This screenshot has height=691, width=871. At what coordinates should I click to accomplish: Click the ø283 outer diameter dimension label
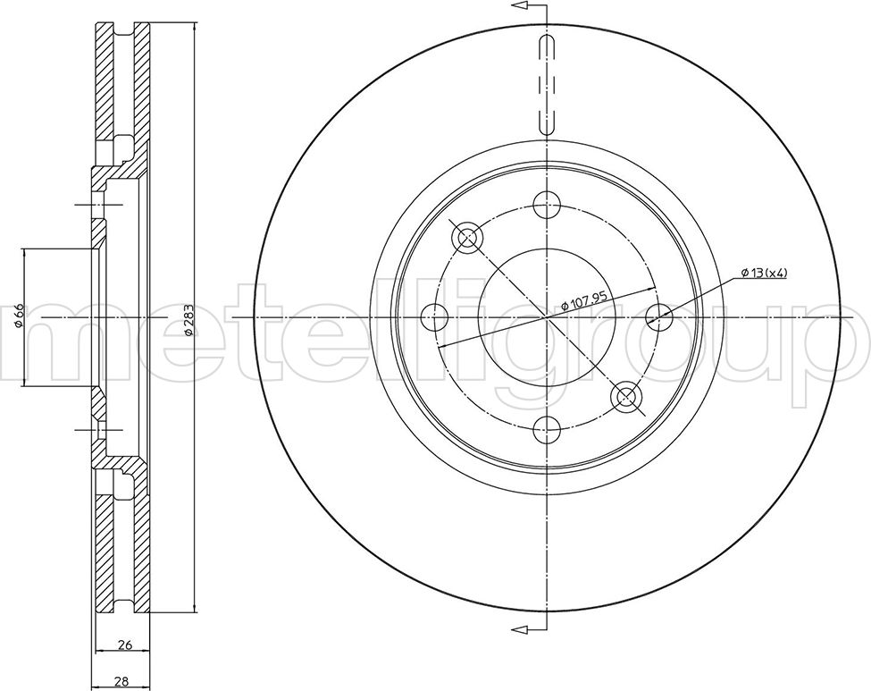click(188, 320)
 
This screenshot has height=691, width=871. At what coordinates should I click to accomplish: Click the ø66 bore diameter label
click(18, 316)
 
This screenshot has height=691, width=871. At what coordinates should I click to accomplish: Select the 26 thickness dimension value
click(126, 645)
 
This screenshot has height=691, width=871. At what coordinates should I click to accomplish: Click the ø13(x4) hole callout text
click(765, 273)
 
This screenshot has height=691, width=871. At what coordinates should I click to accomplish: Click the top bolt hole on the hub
click(547, 205)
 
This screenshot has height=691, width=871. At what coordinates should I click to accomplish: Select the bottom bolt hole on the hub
click(547, 430)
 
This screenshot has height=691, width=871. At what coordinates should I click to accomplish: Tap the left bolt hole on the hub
click(434, 317)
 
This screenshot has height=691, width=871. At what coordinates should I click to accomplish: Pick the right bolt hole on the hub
click(659, 317)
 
